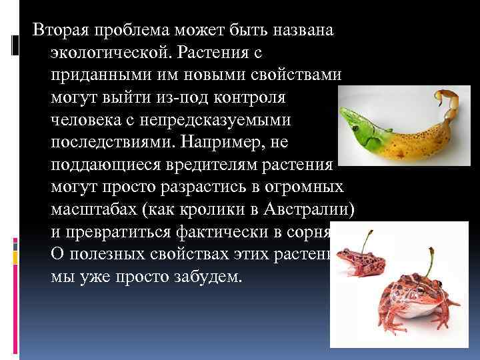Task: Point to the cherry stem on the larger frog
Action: point(430,260)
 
